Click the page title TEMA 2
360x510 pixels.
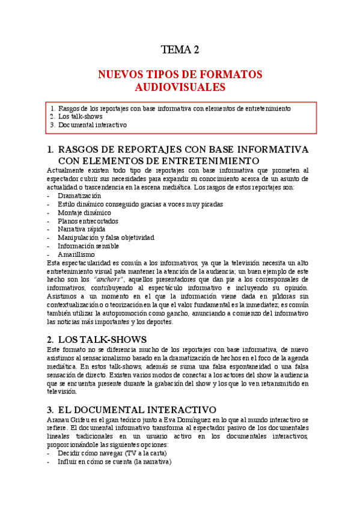pos(180,50)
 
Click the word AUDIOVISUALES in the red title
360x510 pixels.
pos(180,87)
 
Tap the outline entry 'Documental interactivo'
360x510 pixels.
pos(93,125)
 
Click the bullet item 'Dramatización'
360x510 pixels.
pos(79,195)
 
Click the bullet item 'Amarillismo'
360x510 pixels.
pos(77,254)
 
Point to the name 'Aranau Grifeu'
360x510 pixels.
pos(68,419)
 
